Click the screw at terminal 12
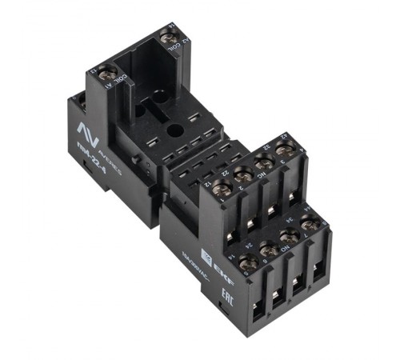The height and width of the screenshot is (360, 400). (222, 190)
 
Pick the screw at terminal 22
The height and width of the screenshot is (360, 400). (243, 174)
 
